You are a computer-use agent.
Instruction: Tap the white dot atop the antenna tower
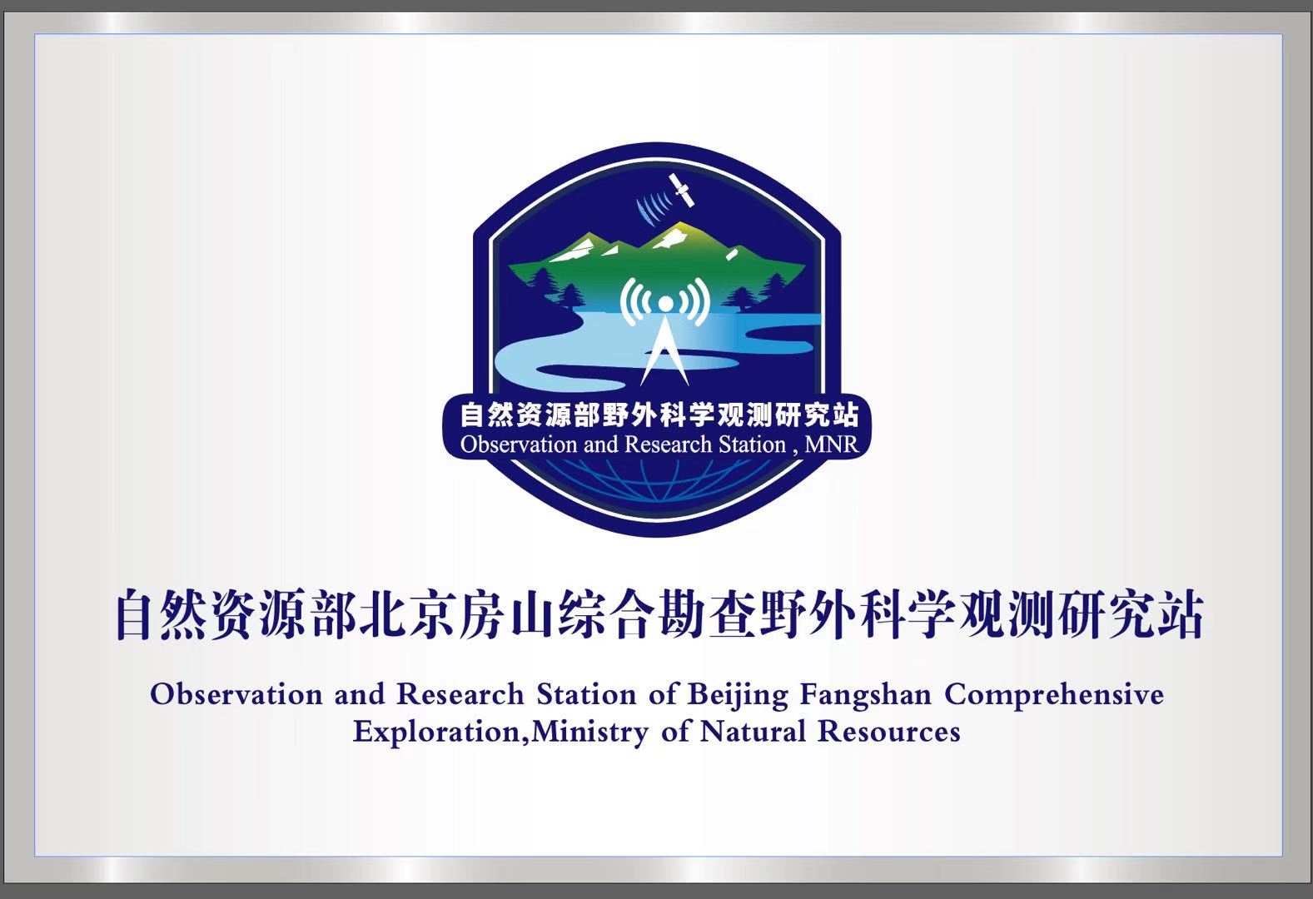click(x=665, y=304)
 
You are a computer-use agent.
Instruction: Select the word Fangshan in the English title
click(x=866, y=696)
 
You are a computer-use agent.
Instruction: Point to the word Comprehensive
click(x=1054, y=696)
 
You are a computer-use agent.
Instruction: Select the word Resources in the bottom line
click(x=889, y=732)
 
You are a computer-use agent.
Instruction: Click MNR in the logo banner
click(x=831, y=445)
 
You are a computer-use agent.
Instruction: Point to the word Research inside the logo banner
click(x=669, y=445)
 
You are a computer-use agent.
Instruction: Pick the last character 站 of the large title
click(x=1178, y=615)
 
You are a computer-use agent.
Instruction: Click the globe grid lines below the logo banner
click(x=658, y=479)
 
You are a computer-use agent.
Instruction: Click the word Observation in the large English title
click(x=236, y=696)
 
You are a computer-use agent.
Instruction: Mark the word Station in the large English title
click(x=586, y=696)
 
